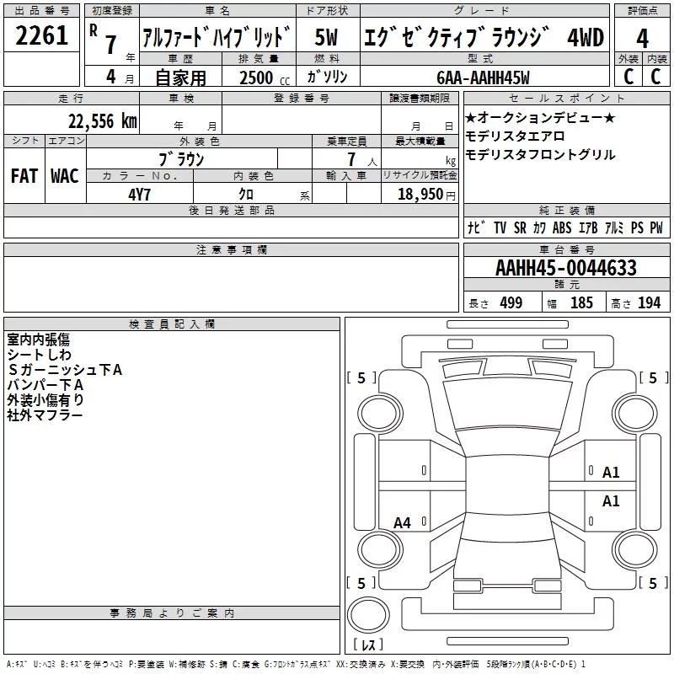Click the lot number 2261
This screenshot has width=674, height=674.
41,37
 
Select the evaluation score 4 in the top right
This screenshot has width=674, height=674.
642,37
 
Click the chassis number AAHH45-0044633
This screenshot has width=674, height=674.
565,268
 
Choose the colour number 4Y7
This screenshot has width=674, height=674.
140,193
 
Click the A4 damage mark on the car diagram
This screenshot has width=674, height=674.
403,522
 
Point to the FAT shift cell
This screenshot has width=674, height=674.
24,175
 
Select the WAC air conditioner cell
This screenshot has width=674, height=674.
64,175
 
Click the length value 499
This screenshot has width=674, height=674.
511,302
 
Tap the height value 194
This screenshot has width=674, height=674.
649,302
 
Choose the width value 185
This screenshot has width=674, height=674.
581,302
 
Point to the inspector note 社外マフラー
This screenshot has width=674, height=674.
45,415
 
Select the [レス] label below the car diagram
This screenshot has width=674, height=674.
368,646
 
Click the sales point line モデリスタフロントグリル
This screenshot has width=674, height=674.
540,155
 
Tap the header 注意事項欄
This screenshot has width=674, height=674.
231,250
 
